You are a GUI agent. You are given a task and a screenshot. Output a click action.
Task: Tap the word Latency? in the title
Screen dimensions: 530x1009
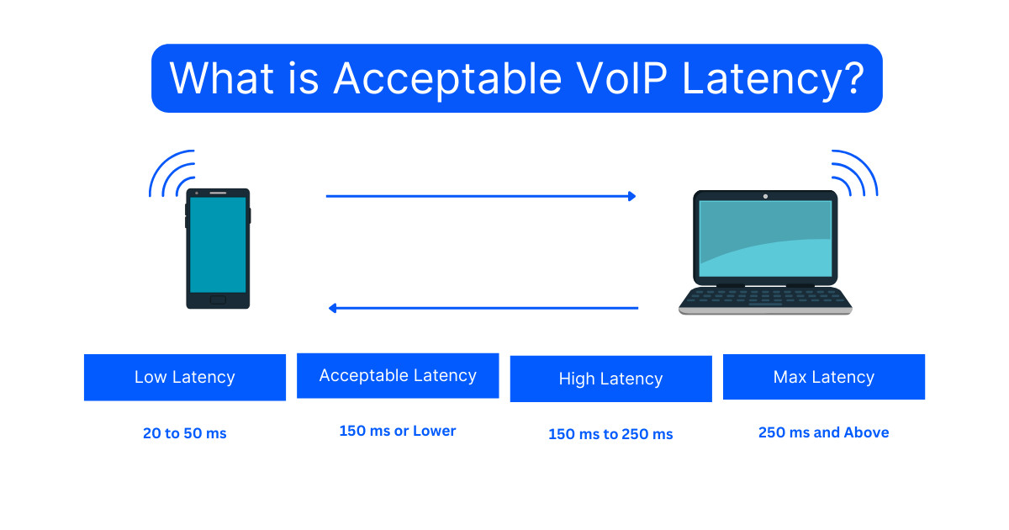[x=773, y=78]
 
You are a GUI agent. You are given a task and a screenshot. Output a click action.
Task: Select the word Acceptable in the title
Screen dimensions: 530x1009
[x=446, y=78]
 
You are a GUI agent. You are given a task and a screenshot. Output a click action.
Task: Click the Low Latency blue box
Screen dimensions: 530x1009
[x=184, y=377]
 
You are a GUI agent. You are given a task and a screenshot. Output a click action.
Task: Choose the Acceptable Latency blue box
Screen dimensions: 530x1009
[x=398, y=375]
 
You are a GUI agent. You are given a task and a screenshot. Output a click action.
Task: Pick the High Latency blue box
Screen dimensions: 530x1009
[x=610, y=379]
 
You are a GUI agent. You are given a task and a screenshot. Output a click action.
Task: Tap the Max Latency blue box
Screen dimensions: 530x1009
[x=823, y=377]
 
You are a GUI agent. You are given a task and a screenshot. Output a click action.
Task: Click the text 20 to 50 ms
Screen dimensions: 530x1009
[x=184, y=434]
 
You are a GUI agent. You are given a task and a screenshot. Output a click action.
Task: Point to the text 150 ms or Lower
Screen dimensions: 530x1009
[x=398, y=431]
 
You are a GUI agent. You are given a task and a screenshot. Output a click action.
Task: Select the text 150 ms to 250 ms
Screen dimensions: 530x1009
[x=610, y=434]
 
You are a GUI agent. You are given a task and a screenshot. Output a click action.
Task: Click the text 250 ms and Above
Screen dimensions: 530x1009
[x=823, y=432]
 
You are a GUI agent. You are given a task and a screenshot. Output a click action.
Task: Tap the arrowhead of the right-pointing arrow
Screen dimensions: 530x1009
[x=631, y=196]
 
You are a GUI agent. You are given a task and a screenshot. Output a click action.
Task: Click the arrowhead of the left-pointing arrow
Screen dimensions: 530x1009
[x=333, y=308]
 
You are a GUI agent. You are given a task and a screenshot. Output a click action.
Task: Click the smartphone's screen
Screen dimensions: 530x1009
[x=218, y=244]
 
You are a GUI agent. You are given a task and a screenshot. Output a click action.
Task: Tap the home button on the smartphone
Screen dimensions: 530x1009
[x=218, y=299]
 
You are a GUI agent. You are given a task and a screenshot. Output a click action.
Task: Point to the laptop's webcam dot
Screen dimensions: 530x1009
[x=765, y=196]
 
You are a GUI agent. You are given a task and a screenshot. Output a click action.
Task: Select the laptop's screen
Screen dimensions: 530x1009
[x=765, y=240]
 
